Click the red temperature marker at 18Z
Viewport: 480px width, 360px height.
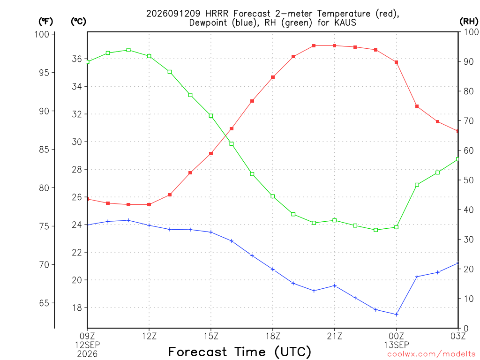(273, 77)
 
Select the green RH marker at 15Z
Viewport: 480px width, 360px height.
(211, 116)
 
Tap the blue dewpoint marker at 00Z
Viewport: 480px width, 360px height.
(397, 315)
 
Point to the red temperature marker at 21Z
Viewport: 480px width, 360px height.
(335, 45)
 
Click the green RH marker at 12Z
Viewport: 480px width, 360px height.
(149, 56)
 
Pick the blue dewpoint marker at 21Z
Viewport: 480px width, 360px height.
(335, 286)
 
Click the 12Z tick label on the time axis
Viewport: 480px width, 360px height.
(149, 336)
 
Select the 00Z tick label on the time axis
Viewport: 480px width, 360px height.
(397, 336)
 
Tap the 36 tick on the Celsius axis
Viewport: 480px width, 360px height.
(77, 59)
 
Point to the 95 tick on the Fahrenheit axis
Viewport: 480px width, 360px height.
(44, 73)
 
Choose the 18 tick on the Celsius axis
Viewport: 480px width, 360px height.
(77, 307)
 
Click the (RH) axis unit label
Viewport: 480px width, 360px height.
(469, 22)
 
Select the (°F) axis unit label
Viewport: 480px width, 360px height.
(45, 22)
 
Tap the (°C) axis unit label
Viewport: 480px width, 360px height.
(78, 22)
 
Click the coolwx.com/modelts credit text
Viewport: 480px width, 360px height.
(431, 354)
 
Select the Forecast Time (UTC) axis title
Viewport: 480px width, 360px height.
(240, 352)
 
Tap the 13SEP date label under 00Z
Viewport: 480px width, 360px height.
(397, 345)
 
